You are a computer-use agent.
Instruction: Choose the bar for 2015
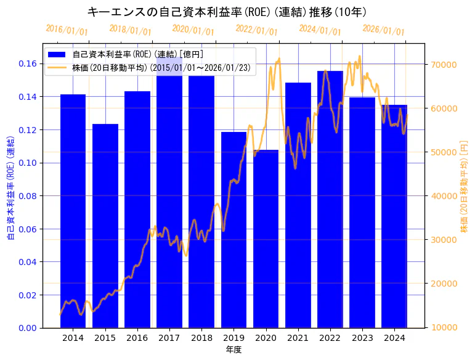105,226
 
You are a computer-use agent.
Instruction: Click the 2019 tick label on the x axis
233,338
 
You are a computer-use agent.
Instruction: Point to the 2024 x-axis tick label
394,338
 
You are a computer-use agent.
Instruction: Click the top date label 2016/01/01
67,30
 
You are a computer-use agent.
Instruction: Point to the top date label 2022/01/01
256,30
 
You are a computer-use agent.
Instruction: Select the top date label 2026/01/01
383,30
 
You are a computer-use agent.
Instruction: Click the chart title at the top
227,12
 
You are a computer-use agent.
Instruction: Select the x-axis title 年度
233,350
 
